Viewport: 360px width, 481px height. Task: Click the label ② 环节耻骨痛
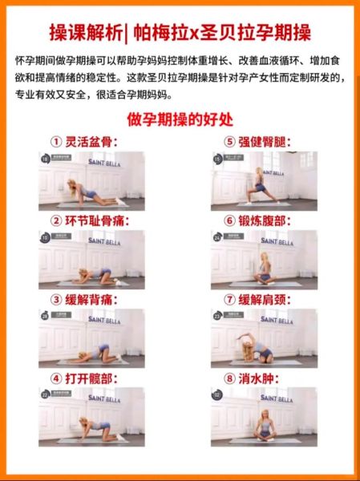pos(89,220)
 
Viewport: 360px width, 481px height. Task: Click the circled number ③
pos(56,298)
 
